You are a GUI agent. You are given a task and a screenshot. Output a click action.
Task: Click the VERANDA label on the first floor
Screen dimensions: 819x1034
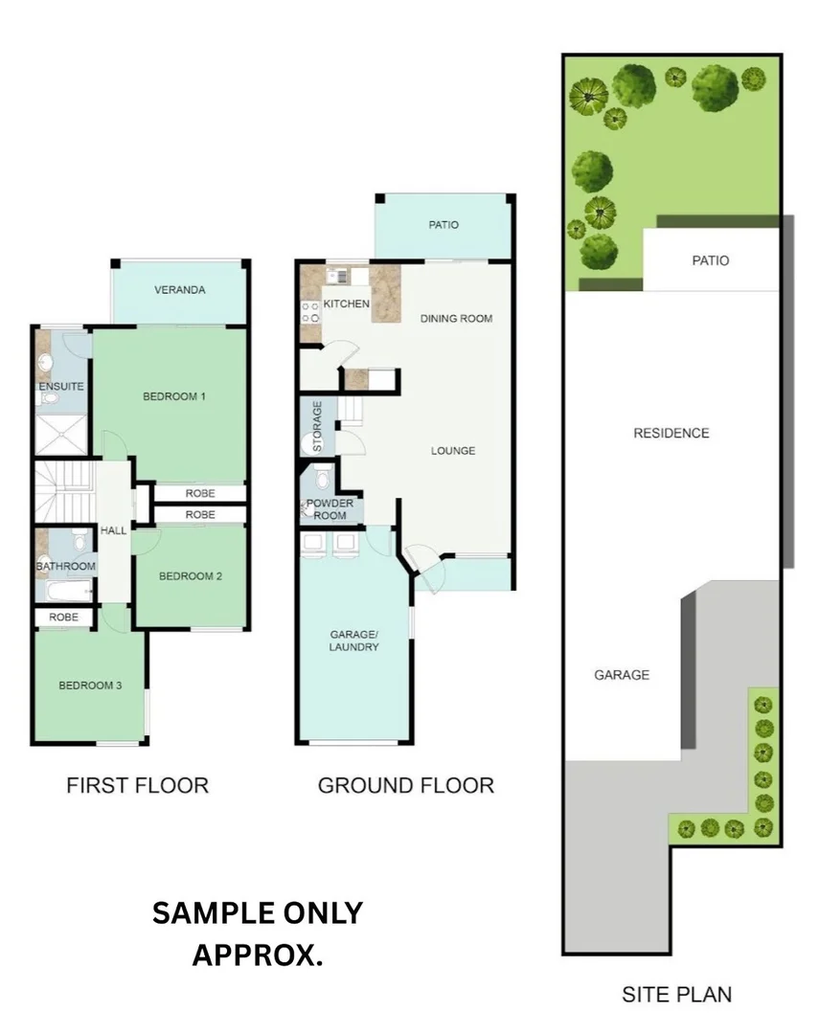179,289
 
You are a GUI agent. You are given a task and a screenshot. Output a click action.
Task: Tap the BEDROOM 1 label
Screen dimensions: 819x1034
174,396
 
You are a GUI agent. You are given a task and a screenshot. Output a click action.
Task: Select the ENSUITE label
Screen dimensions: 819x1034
61,387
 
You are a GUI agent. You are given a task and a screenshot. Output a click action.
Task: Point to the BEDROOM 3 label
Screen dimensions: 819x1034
90,686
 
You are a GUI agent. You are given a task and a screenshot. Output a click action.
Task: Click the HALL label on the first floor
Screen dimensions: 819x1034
114,530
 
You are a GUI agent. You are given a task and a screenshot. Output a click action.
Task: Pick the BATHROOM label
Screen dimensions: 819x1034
65,566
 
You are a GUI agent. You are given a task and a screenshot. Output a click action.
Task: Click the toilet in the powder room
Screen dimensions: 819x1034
323,478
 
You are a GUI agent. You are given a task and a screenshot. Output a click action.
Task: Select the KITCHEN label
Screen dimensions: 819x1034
347,304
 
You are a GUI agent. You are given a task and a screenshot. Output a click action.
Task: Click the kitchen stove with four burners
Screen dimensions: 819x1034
311,312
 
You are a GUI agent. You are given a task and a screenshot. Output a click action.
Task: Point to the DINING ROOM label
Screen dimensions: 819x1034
457,319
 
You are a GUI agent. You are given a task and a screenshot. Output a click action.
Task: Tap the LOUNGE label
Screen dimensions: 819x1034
453,451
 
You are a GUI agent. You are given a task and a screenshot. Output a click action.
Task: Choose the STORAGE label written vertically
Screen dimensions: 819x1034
317,426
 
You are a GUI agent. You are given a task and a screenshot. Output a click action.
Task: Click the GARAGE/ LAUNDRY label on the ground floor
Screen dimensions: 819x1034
354,641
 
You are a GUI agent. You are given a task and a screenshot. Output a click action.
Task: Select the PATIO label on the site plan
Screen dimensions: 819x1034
711,260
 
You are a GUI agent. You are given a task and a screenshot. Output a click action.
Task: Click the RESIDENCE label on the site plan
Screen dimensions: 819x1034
671,434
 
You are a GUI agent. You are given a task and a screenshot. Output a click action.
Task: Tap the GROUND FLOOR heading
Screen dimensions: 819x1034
406,785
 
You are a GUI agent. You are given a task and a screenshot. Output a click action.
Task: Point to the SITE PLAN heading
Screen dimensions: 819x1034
677,995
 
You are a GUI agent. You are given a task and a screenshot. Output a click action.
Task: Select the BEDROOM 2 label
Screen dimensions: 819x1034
191,576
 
